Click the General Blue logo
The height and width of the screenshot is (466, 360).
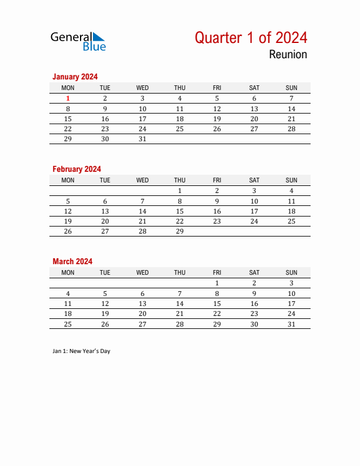click(78, 41)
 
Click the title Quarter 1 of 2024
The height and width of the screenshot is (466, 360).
click(251, 38)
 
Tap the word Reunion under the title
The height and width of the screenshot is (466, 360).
click(288, 55)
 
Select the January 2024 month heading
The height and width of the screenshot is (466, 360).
click(75, 76)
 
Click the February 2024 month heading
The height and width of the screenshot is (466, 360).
click(76, 169)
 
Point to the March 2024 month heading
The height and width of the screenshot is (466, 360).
click(72, 261)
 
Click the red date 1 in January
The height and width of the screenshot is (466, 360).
click(68, 99)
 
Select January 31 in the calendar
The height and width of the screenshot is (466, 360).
click(142, 139)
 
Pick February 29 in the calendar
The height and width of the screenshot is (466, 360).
click(179, 232)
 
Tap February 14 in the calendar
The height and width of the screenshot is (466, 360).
click(142, 211)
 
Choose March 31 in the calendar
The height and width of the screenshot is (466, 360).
click(291, 324)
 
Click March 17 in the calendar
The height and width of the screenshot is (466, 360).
click(291, 304)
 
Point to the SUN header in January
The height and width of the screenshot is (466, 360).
click(291, 88)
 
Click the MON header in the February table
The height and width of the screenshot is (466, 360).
click(68, 180)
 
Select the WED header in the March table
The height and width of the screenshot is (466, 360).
click(142, 272)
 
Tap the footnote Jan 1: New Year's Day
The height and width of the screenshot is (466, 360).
click(81, 351)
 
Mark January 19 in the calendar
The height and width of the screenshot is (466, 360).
click(217, 119)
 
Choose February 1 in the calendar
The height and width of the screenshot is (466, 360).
click(179, 191)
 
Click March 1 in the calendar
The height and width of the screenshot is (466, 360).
click(217, 283)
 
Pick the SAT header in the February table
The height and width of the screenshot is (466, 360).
click(254, 180)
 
